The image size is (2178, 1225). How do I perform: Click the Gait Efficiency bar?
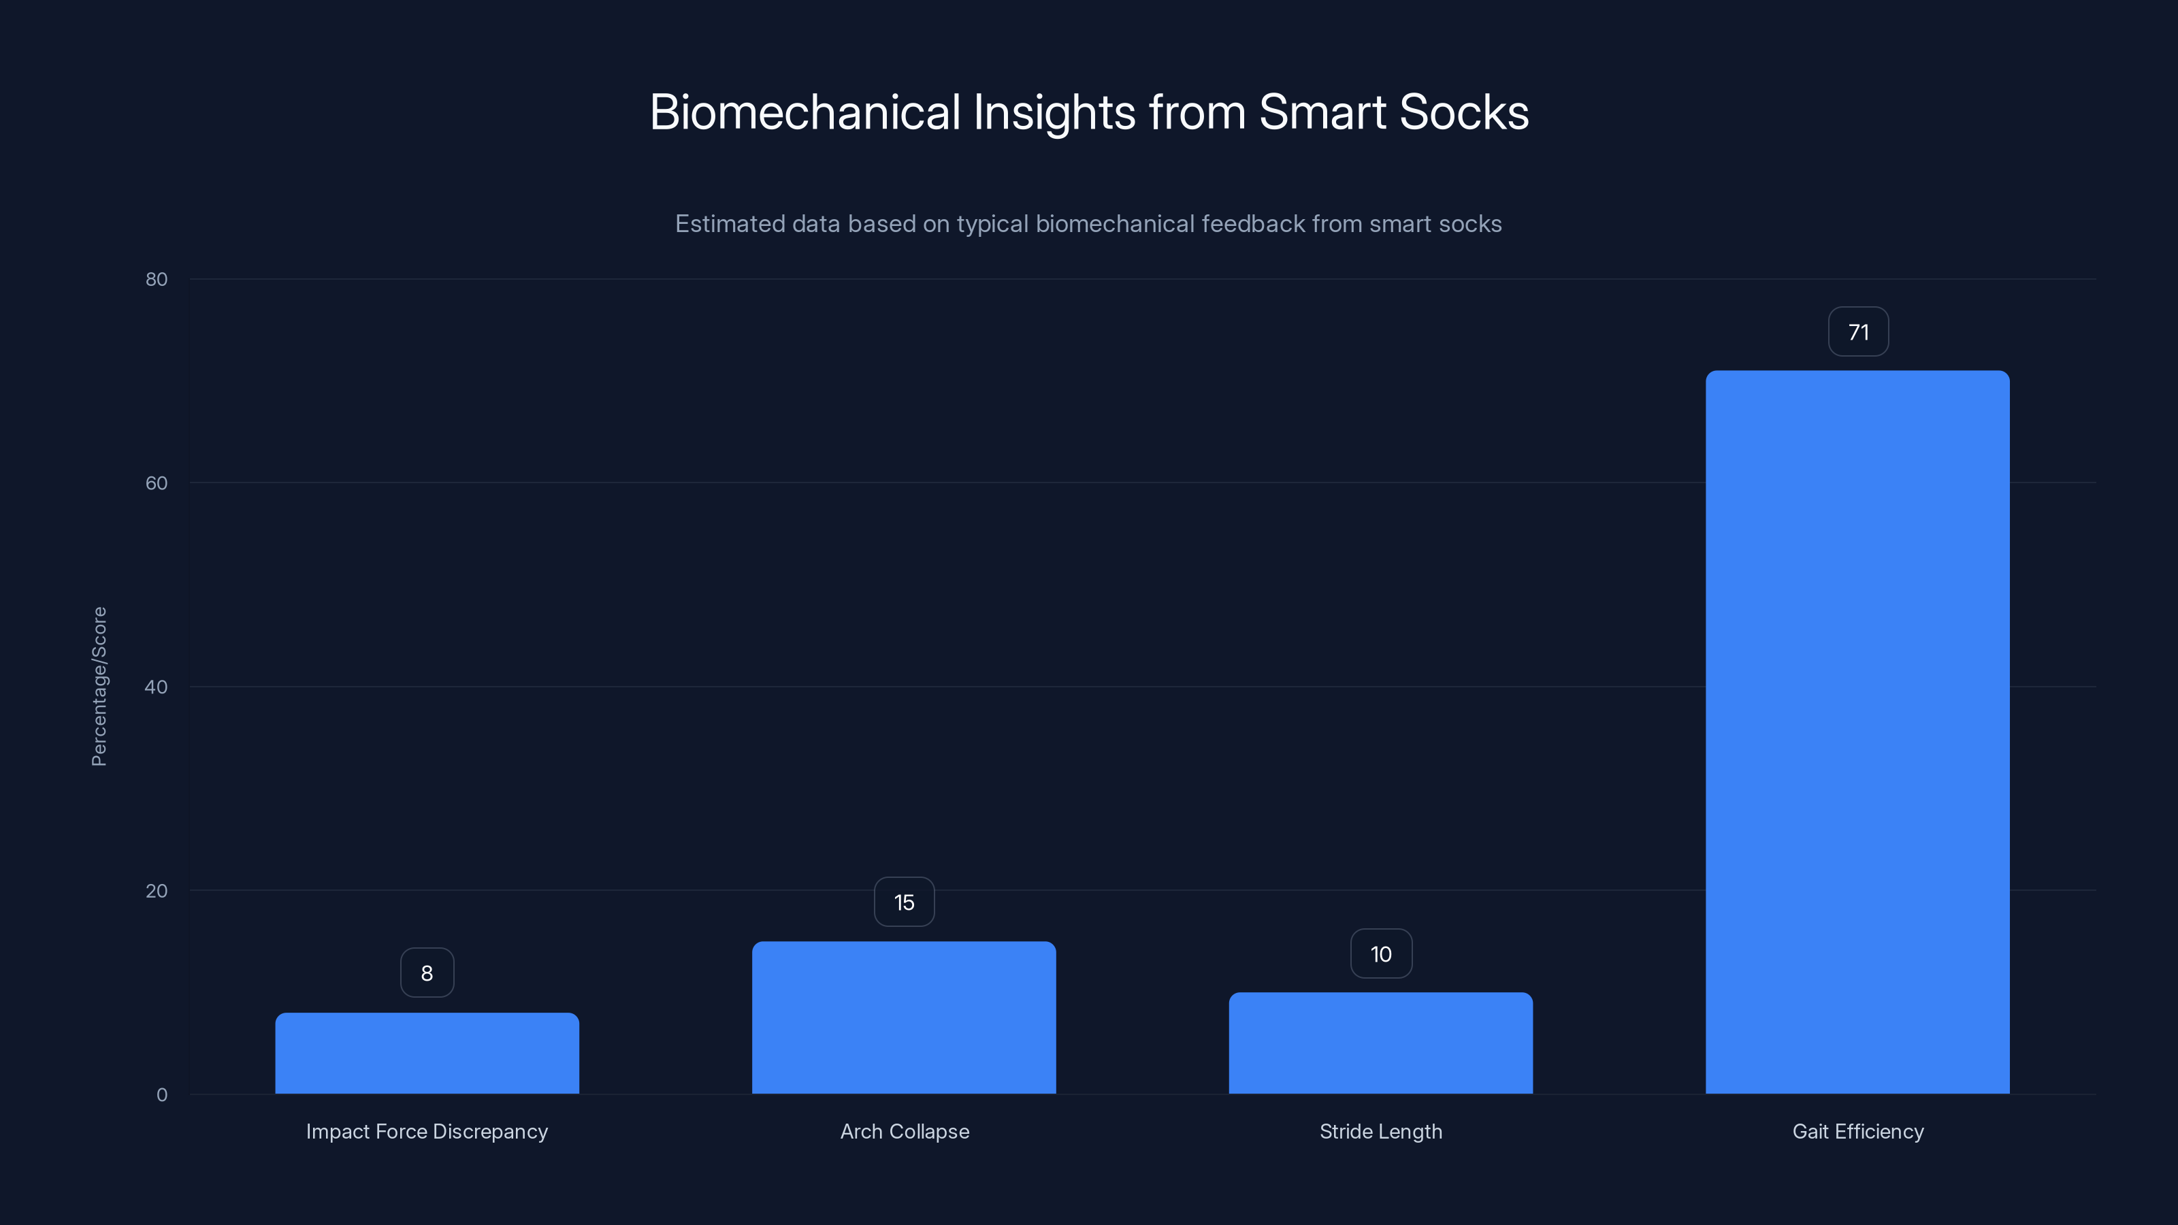1857,732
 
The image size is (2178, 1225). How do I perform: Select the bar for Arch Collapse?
904,1017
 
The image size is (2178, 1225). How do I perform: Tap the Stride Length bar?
1381,1043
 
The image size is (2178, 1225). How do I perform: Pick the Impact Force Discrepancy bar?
427,1053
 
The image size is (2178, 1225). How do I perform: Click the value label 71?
1857,332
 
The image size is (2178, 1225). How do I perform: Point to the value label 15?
904,902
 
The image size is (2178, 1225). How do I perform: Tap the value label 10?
1381,953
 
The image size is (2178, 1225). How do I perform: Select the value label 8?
427,973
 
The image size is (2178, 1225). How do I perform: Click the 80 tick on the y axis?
157,279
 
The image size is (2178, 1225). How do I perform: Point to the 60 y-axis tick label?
157,483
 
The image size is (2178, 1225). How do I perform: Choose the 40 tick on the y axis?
157,687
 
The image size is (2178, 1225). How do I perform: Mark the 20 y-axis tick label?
157,890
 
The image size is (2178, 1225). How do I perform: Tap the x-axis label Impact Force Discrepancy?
427,1131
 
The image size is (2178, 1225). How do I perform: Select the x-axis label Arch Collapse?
904,1131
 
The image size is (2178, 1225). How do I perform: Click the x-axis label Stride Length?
1381,1131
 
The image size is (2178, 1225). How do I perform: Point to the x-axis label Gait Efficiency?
1857,1131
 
